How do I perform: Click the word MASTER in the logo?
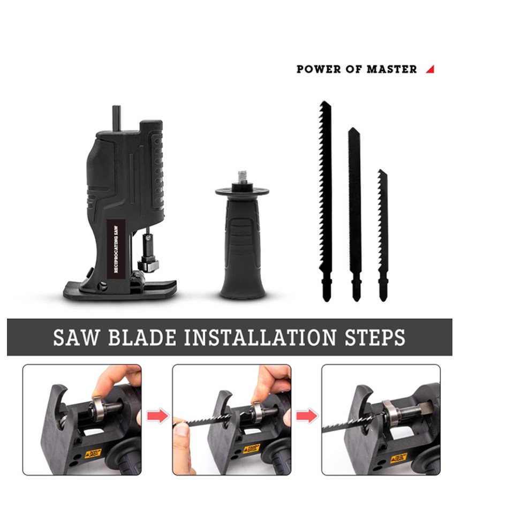391,69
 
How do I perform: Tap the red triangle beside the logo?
430,69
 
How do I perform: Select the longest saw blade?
326,198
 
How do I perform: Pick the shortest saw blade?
383,236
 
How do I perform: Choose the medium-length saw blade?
354,214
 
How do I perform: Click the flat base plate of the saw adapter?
120,290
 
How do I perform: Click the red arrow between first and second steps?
157,415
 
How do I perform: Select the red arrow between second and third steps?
307,415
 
